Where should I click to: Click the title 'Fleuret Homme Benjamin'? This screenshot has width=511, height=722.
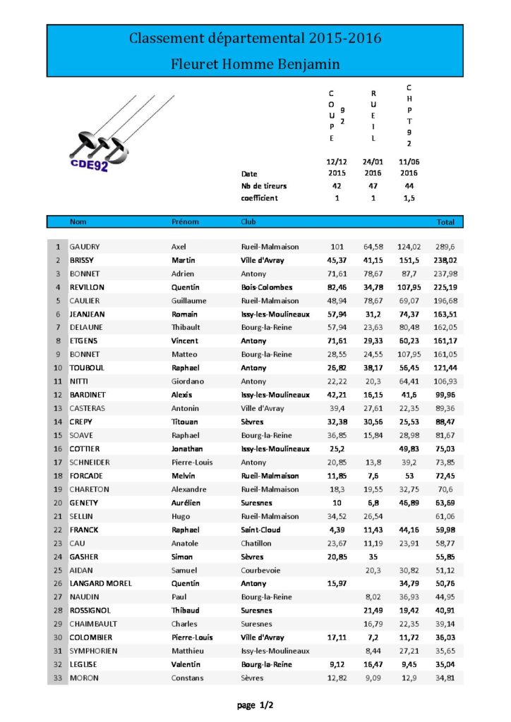255,64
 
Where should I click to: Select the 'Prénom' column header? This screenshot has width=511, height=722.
185,222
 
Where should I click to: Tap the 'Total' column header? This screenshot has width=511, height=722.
445,222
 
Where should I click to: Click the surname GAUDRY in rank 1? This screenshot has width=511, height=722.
85,247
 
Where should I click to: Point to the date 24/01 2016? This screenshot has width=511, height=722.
373,167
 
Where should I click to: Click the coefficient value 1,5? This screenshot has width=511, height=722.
409,198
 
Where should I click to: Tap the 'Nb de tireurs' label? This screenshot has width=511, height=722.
264,186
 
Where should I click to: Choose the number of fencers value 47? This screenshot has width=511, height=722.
373,186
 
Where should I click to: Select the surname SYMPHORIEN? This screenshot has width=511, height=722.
93,651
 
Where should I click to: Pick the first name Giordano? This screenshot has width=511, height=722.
188,381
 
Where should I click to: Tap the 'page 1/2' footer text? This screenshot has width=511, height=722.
255,705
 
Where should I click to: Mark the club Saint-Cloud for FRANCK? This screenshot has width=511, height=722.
260,530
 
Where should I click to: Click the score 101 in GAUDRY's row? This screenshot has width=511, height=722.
337,247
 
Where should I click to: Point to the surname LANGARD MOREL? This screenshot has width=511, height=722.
101,583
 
